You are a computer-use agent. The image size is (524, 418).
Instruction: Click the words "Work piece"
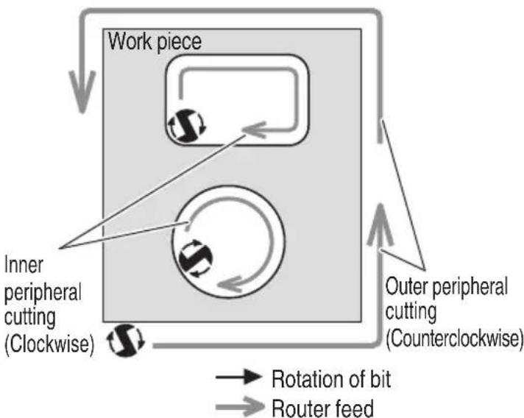pyautogui.click(x=155, y=42)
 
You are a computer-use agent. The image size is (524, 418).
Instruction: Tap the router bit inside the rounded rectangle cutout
pyautogui.click(x=186, y=126)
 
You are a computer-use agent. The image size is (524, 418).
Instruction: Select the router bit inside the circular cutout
pyautogui.click(x=196, y=258)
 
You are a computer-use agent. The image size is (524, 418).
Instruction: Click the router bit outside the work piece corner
pyautogui.click(x=126, y=340)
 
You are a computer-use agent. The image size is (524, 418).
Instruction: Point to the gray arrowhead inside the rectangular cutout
pyautogui.click(x=254, y=130)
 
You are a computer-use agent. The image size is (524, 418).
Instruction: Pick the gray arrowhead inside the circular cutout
pyautogui.click(x=230, y=284)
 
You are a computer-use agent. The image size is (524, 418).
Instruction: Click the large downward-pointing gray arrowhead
pyautogui.click(x=82, y=92)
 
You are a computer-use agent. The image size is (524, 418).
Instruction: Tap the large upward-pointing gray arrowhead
pyautogui.click(x=380, y=224)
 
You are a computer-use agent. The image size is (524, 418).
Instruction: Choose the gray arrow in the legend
pyautogui.click(x=240, y=406)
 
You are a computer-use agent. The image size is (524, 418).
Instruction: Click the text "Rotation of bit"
pyautogui.click(x=331, y=379)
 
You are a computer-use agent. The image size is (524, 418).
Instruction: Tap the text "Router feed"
pyautogui.click(x=322, y=408)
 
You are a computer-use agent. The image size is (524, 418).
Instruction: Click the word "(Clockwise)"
pyautogui.click(x=49, y=343)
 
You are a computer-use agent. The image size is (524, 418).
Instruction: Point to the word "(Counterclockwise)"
pyautogui.click(x=455, y=339)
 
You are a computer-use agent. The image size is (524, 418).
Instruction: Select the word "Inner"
pyautogui.click(x=24, y=265)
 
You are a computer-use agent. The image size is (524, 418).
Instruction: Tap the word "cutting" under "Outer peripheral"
pyautogui.click(x=411, y=312)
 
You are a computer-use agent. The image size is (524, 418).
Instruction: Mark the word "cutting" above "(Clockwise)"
pyautogui.click(x=29, y=317)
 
